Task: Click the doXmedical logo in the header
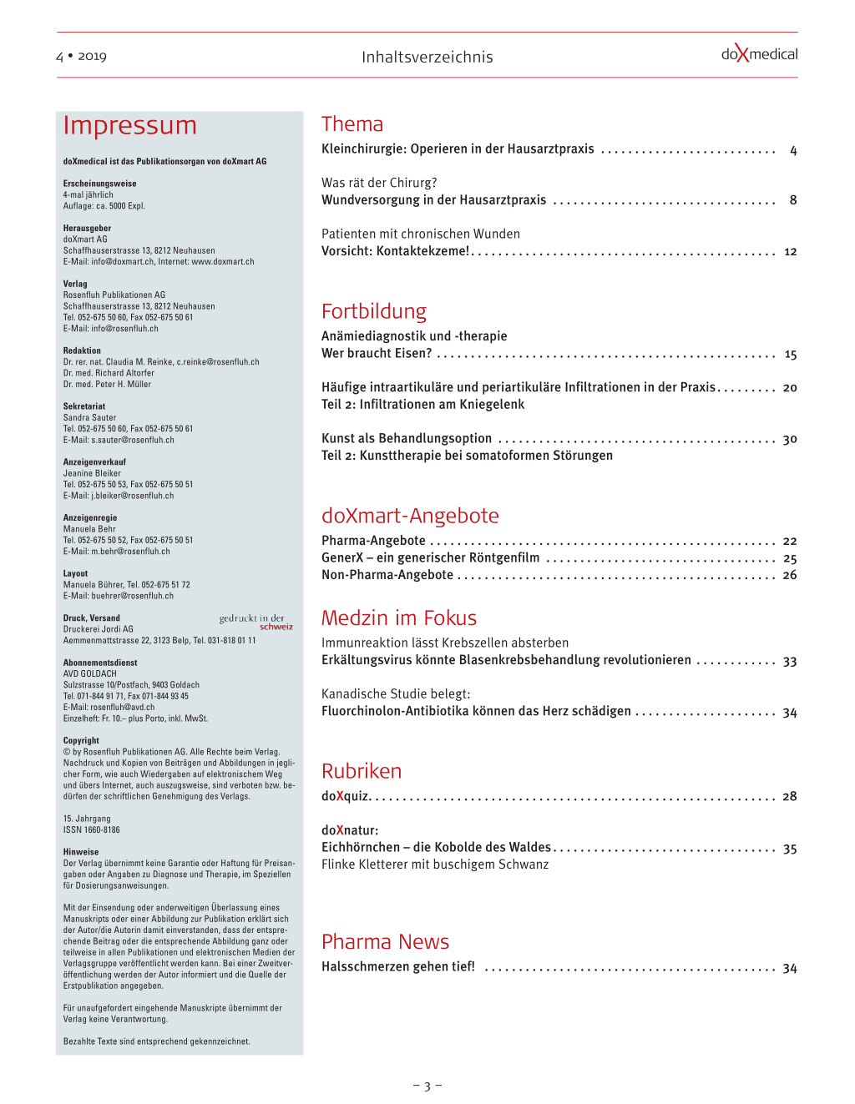click(x=759, y=55)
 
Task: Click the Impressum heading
click(x=130, y=125)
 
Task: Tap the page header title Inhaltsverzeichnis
click(x=427, y=57)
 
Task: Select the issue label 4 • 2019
click(x=81, y=57)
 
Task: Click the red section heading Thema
click(x=352, y=124)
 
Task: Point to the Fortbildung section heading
click(x=374, y=311)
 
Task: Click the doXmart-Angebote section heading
click(x=410, y=516)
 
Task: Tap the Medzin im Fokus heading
click(x=399, y=618)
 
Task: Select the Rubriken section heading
click(x=362, y=771)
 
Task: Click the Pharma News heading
click(x=385, y=941)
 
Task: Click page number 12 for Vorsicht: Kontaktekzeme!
click(x=790, y=251)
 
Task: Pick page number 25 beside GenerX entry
click(x=790, y=558)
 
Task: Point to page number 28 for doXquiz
click(x=789, y=796)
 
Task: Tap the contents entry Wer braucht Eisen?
click(x=377, y=353)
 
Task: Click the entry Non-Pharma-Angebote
click(x=387, y=575)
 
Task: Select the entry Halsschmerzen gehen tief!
click(x=398, y=966)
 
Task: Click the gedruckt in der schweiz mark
click(x=255, y=622)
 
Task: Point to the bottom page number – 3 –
click(x=427, y=1086)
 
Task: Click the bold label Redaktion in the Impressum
click(x=82, y=350)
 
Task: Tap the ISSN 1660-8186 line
click(x=92, y=829)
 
